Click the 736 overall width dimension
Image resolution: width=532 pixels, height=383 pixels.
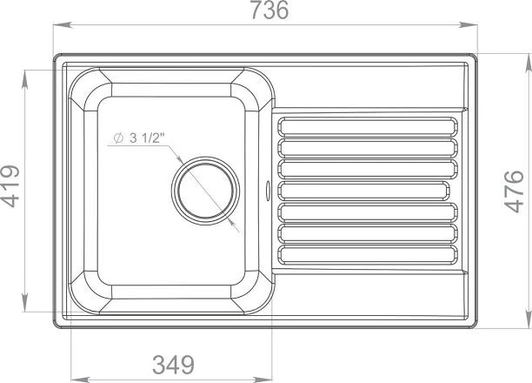269,10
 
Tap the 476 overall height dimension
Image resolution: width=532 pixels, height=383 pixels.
514,191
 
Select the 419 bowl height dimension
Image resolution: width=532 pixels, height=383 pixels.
10,186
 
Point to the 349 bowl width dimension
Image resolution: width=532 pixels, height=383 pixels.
173,365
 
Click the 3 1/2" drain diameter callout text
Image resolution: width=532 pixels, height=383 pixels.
147,138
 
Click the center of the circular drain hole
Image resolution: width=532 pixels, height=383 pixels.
206,191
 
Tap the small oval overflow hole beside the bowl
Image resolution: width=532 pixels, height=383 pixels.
268,190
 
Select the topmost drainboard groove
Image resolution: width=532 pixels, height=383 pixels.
368,126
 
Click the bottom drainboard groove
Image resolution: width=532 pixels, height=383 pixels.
368,255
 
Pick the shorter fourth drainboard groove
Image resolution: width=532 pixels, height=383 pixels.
363,191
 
